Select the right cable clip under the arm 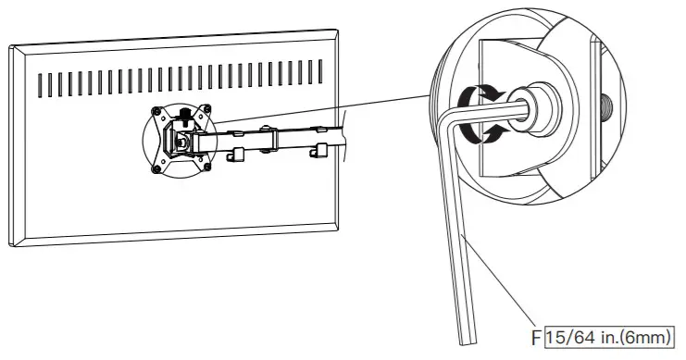click(x=319, y=150)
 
